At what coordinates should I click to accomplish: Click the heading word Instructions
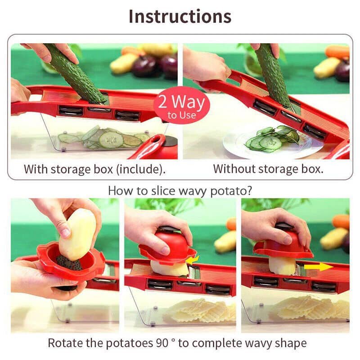click(180, 16)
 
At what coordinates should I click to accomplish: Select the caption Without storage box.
click(268, 169)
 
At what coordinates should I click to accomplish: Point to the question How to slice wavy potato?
click(180, 190)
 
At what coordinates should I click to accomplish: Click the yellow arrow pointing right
click(319, 267)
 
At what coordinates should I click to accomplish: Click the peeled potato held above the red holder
click(77, 234)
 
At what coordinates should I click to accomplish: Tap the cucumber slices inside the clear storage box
click(106, 138)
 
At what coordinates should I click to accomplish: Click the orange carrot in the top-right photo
click(337, 52)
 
